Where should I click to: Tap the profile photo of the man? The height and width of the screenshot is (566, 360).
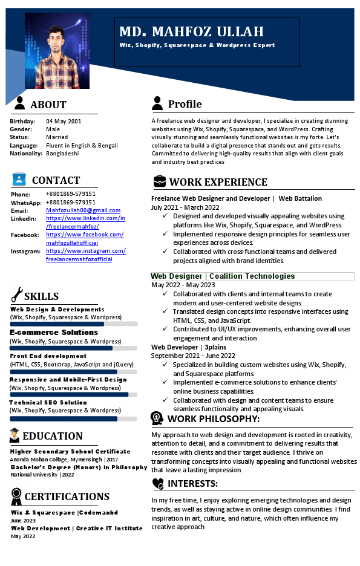(57, 51)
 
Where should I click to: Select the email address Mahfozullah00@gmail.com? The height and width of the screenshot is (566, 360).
(83, 210)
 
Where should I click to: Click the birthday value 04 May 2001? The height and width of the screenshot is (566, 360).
(64, 121)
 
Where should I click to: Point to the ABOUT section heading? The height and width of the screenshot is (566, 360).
(48, 105)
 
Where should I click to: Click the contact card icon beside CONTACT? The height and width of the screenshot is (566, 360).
(19, 180)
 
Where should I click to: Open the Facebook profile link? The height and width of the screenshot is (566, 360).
(85, 238)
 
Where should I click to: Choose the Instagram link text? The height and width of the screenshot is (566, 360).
(85, 255)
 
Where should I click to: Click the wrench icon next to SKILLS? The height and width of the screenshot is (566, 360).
(16, 294)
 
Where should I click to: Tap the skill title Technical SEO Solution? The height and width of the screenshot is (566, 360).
(48, 402)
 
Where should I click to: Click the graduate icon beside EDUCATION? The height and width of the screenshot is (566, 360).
(15, 435)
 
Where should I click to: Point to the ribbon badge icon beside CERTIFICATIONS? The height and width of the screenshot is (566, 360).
(16, 496)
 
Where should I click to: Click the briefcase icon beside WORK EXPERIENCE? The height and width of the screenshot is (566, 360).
(159, 181)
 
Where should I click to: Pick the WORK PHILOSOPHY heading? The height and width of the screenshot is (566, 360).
(214, 419)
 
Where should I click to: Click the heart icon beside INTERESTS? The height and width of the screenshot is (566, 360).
(158, 483)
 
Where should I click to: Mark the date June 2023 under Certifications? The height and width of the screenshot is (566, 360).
(23, 520)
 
